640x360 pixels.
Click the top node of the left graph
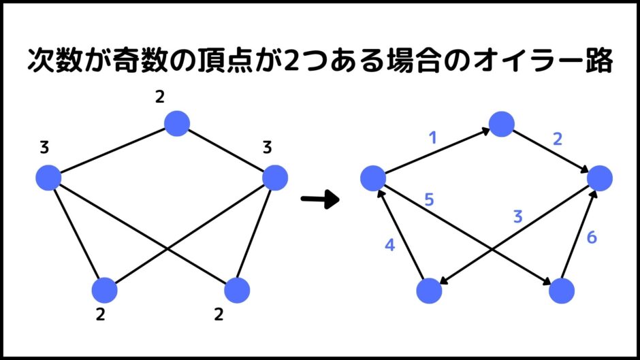pos(177,123)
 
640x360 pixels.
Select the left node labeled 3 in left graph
pos(48,178)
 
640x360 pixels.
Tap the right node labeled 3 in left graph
pos(275,178)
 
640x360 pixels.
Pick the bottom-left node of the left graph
pos(105,290)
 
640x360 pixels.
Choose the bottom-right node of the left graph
pos(237,290)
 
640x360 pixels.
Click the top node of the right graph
pos(501,124)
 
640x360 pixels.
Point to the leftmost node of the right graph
pos(373,178)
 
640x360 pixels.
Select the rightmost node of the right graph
pos(600,178)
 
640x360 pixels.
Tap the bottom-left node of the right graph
pos(429,291)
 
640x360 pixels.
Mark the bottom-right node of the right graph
pos(562,291)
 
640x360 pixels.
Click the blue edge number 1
pos(432,138)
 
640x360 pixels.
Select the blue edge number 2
pos(558,140)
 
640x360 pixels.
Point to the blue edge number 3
pos(518,216)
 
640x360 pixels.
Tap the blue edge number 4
pos(390,245)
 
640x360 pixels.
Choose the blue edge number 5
pos(429,199)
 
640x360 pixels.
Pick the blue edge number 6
pos(592,237)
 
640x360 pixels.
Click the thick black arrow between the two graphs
pos(320,199)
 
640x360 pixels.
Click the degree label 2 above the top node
pos(159,97)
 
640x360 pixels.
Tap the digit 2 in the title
pos(291,61)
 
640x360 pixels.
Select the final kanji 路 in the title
pos(599,61)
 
